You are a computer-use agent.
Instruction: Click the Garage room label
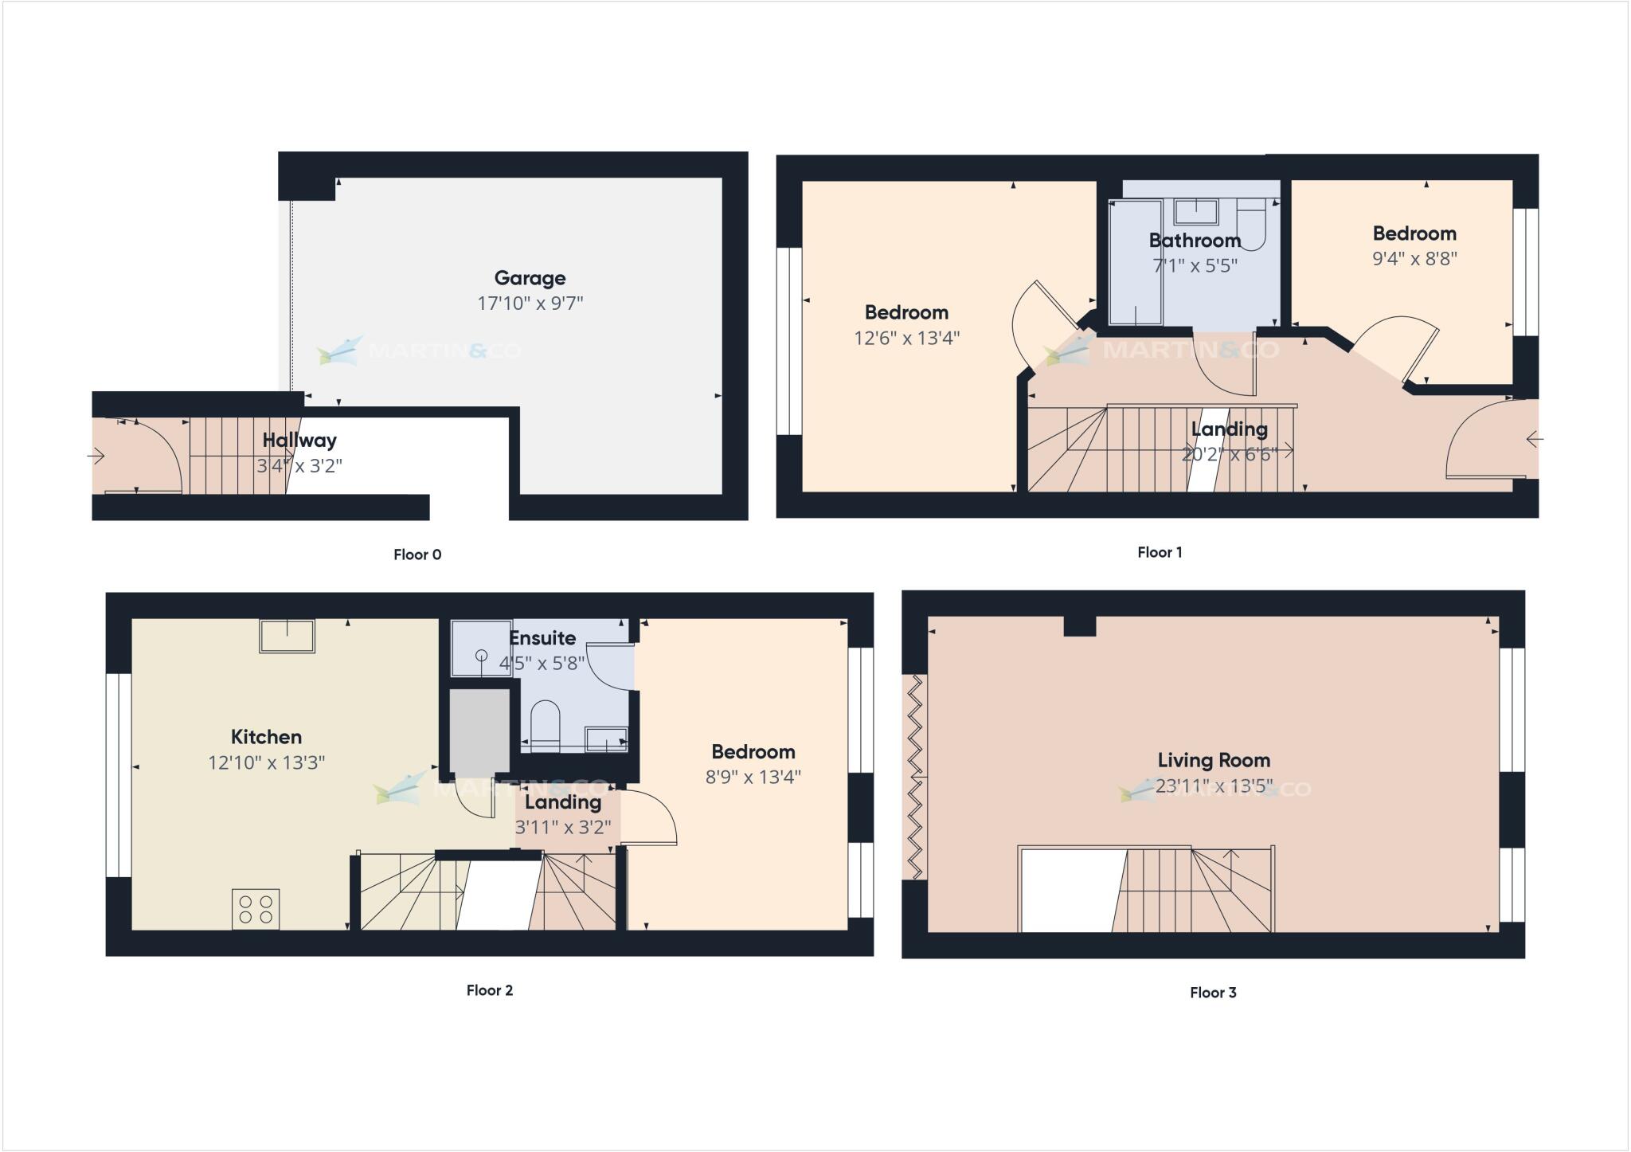tap(530, 278)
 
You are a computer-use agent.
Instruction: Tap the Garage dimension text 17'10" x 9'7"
tap(530, 304)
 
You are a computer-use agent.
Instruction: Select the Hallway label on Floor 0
tap(299, 440)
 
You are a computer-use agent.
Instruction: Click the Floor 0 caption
tap(417, 554)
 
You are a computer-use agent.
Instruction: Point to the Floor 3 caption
tap(1213, 992)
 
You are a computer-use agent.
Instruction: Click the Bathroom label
tap(1195, 241)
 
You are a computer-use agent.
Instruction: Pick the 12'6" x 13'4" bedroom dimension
tap(906, 338)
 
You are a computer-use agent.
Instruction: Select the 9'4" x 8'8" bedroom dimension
tap(1414, 259)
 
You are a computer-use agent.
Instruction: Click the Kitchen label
tap(266, 737)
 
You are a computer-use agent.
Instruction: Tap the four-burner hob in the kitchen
tap(256, 910)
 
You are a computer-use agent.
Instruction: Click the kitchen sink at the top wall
tap(287, 636)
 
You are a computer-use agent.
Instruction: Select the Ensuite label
tap(542, 638)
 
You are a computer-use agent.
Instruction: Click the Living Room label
tap(1214, 760)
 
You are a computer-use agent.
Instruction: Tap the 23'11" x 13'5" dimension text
tap(1214, 786)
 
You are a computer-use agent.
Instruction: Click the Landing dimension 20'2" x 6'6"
tap(1229, 454)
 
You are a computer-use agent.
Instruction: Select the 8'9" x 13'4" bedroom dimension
tap(753, 777)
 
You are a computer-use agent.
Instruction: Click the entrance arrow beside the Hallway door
tap(96, 456)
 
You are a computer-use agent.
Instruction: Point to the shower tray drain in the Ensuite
tap(481, 655)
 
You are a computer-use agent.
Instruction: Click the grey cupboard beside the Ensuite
tap(479, 731)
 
